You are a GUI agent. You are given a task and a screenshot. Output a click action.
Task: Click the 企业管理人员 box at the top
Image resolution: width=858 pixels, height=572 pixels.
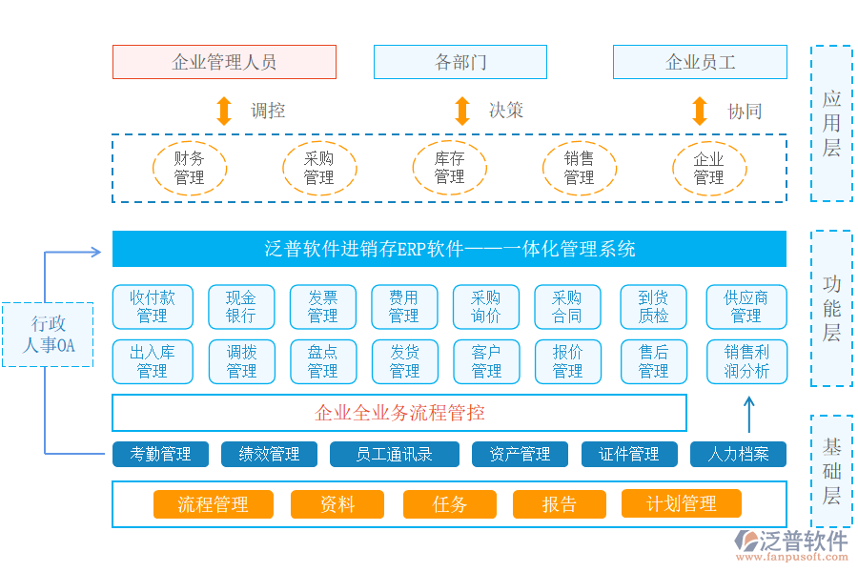(224, 62)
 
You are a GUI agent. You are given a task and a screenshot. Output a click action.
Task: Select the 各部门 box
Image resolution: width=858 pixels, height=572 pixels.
(460, 62)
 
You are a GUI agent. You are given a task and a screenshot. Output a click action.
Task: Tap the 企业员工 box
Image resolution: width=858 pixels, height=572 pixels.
(699, 62)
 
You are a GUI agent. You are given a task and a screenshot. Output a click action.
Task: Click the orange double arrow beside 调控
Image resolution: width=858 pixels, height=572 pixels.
(224, 111)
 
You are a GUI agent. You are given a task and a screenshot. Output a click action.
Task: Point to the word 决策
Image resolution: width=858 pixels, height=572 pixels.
(506, 111)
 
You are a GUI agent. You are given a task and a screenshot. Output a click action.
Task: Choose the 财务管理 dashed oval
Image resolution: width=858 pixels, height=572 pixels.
(190, 168)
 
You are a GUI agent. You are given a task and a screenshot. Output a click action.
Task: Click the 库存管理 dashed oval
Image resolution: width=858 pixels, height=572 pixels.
(449, 168)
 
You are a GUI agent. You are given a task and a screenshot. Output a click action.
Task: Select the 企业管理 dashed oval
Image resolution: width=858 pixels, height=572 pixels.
(708, 168)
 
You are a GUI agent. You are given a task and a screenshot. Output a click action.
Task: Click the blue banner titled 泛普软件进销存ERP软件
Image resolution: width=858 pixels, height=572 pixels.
(449, 250)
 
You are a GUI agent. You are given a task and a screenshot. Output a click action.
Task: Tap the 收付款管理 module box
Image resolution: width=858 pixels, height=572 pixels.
(152, 307)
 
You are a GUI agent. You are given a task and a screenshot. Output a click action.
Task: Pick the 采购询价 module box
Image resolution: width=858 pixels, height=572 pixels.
(486, 307)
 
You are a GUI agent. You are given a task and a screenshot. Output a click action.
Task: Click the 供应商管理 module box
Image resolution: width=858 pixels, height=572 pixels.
(746, 307)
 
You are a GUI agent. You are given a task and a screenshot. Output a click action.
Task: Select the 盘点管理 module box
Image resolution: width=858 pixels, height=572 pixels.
(322, 361)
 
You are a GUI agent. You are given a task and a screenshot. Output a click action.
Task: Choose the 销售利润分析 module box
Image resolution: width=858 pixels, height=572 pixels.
(746, 361)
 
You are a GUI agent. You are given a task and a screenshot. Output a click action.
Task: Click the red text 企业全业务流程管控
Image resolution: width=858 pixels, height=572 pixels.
(399, 413)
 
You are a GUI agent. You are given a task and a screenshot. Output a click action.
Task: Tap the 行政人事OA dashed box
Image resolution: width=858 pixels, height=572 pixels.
(48, 335)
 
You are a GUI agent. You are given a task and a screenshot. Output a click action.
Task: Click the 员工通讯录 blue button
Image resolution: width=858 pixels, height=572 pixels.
(394, 455)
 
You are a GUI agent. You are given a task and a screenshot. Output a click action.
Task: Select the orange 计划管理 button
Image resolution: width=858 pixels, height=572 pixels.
(681, 503)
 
